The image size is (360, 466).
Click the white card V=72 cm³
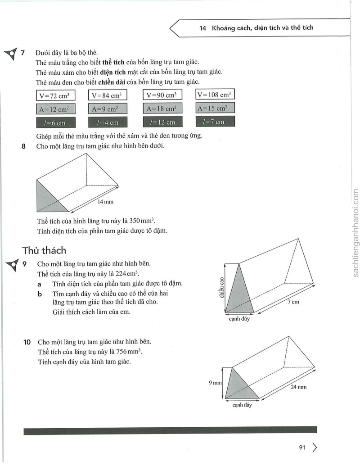pos(55,96)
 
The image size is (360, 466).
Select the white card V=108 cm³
pos(215,94)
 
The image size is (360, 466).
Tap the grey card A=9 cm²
pos(108,109)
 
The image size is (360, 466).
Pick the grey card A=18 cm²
pos(162,108)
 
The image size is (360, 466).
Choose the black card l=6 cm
pos(56,123)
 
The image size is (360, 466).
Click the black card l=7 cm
pos(215,121)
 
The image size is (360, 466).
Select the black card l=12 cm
pos(162,122)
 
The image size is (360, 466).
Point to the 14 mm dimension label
pos(105,202)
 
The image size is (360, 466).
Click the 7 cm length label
pos(293,302)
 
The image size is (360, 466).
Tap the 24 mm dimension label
pos(298,387)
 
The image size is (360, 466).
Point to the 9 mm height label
pos(215,383)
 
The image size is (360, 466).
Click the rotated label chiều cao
pos(221,287)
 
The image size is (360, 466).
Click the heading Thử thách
pos(44,250)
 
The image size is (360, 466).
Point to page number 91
pos(302,448)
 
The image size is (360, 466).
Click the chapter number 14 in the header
pos(202,28)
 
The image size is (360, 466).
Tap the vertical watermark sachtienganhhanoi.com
pos(355,233)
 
